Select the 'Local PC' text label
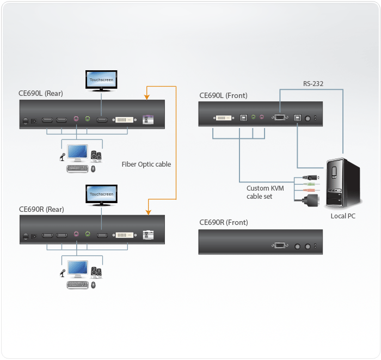pos(343,216)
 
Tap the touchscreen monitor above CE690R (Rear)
pos(101,194)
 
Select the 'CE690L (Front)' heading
pos(223,96)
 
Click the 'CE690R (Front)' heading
pos(223,222)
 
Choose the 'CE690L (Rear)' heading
pos(41,94)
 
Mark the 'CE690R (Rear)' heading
pos(41,209)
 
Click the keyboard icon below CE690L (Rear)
pos(77,169)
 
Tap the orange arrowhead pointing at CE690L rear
pos(146,97)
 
